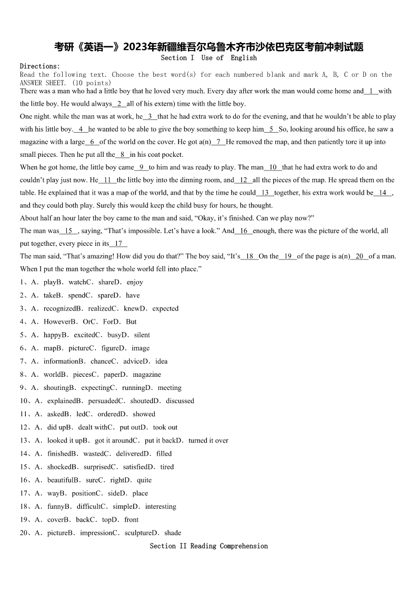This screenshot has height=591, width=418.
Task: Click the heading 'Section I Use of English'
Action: click(x=208, y=58)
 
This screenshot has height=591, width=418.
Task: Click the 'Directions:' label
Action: click(x=40, y=66)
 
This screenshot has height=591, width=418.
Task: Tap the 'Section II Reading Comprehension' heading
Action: click(x=208, y=546)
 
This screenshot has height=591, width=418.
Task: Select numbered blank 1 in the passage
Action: click(x=371, y=91)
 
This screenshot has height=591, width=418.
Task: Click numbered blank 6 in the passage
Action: click(x=92, y=142)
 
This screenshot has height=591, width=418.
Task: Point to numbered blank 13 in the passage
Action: click(x=265, y=193)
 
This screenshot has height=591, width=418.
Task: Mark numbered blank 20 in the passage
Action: click(x=360, y=256)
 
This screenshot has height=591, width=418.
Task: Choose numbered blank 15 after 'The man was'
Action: click(x=68, y=231)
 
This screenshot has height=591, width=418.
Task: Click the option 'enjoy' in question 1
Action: click(x=135, y=282)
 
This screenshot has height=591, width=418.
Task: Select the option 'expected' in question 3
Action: click(x=165, y=308)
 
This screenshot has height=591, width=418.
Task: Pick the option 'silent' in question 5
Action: click(x=142, y=335)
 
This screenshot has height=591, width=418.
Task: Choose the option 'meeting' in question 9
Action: click(x=170, y=388)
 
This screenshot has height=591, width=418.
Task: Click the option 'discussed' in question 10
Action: click(x=180, y=401)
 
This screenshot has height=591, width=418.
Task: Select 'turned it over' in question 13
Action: click(x=208, y=440)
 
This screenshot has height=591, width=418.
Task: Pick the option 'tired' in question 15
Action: click(x=167, y=467)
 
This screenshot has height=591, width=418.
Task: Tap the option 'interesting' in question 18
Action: click(x=161, y=507)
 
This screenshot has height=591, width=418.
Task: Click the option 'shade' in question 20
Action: click(x=173, y=533)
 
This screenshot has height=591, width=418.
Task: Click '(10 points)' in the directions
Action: click(x=92, y=83)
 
